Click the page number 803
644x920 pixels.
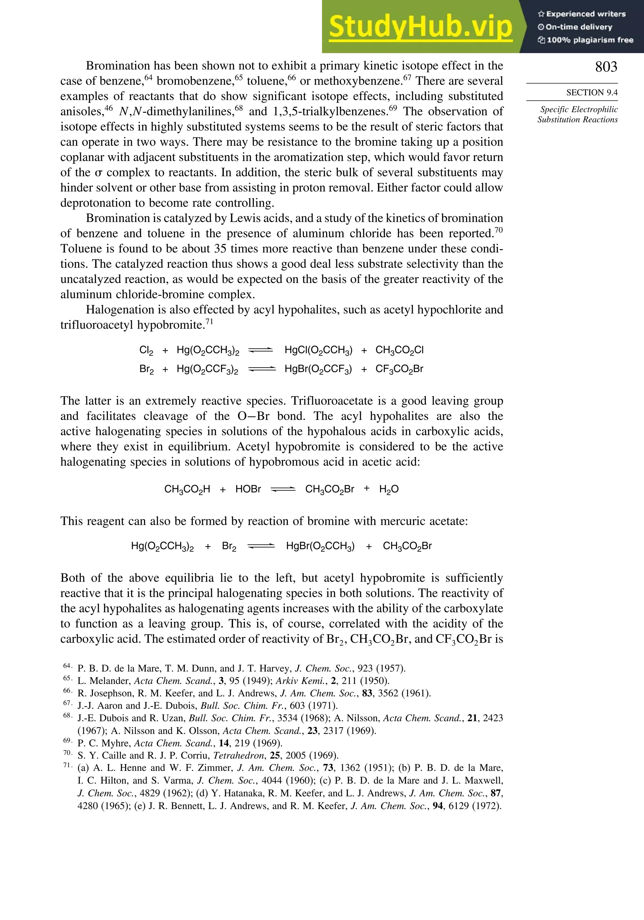(606, 67)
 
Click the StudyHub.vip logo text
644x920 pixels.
(420, 27)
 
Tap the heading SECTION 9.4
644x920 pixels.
(591, 92)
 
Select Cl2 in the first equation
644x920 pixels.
(146, 351)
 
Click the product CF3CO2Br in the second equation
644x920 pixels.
(399, 369)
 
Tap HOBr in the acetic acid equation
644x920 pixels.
(248, 489)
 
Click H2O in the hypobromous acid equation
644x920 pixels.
(389, 489)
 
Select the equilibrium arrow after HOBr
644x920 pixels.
(283, 489)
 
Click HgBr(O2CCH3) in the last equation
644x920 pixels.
(320, 546)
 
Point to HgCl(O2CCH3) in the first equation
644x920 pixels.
(318, 351)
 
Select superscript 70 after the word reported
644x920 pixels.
(498, 230)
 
